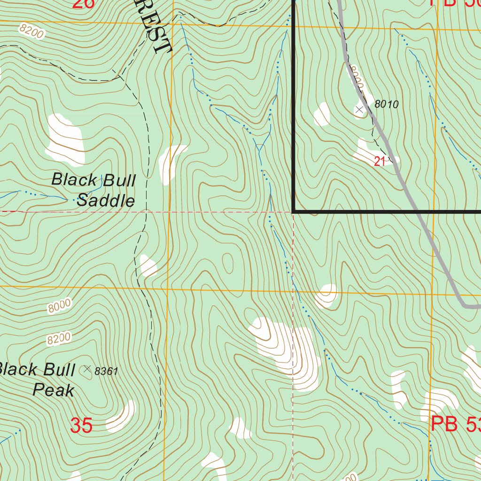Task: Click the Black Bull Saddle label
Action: coord(94,190)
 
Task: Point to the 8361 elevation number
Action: coord(106,372)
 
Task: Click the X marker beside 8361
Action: coord(87,369)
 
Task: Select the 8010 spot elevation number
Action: coord(387,105)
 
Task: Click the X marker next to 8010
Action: coord(360,109)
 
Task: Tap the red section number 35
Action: coord(81,426)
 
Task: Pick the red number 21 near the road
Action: coord(380,162)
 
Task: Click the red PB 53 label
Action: coord(455,425)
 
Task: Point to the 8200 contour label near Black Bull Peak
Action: coord(59,339)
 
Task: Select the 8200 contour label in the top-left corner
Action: coord(32,31)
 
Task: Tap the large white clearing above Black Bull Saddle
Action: coord(65,140)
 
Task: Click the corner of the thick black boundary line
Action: coord(294,212)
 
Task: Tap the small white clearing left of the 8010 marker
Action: coord(322,114)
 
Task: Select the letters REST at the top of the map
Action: coord(157,28)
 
